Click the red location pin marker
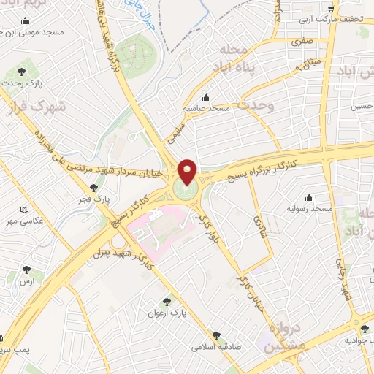point(188,172)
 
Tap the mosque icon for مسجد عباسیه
point(207,98)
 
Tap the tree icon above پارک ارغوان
point(167,301)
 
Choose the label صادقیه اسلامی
point(217,347)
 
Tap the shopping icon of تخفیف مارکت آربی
point(329,8)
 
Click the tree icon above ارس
point(27,270)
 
